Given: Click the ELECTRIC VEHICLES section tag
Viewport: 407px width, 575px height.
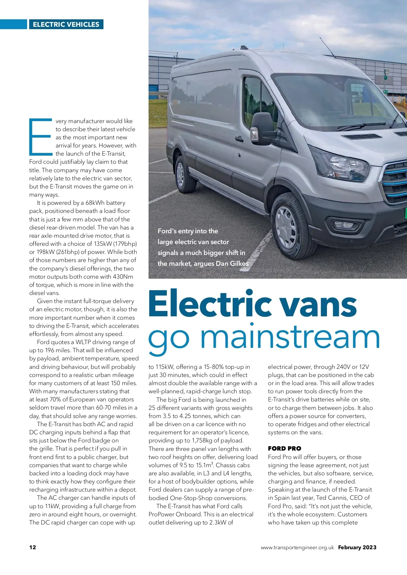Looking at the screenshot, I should coord(66,24).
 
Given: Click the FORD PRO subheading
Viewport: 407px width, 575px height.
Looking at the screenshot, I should coord(284,449).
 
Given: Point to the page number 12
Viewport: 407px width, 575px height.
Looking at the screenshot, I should coord(33,547).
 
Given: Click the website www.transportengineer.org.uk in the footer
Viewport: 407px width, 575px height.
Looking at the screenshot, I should coord(297,548).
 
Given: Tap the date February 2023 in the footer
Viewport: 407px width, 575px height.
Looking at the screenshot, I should coord(357,547).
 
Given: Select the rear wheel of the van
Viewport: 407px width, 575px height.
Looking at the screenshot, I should coord(181,175).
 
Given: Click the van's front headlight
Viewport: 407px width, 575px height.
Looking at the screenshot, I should coord(343,165).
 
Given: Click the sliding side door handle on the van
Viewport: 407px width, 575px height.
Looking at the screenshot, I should coord(239,139).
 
